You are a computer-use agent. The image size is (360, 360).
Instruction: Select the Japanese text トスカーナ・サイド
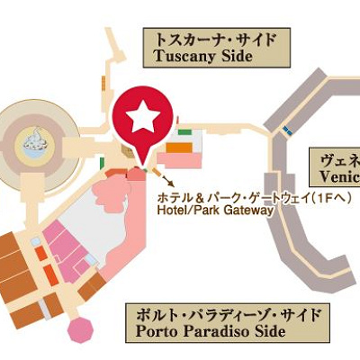pos(214,39)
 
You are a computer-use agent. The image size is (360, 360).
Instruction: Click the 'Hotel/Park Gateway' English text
pos(214,210)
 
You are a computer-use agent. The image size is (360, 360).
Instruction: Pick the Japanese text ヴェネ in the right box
pos(340,159)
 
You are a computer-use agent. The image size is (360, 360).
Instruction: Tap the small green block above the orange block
pos(184,132)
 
